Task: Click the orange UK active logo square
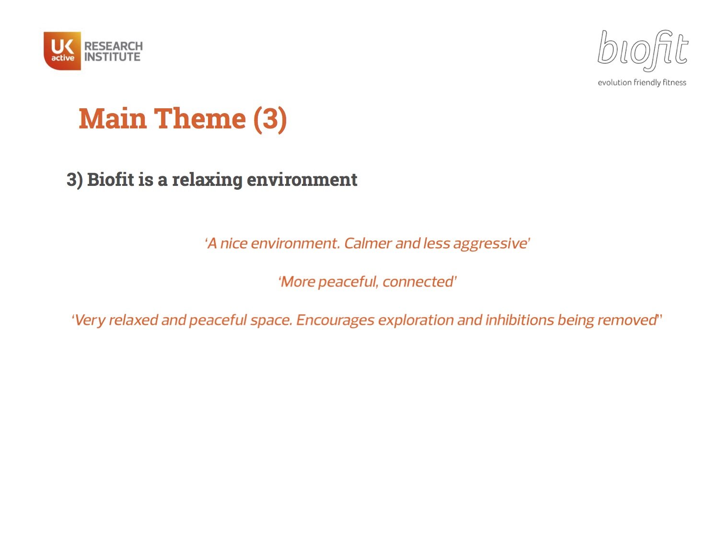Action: tap(62, 51)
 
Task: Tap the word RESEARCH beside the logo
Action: tap(114, 46)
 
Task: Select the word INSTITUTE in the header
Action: tap(113, 57)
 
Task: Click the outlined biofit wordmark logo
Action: tap(642, 50)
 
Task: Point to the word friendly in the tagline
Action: tap(647, 82)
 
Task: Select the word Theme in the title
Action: tap(199, 118)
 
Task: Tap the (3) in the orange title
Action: tap(270, 118)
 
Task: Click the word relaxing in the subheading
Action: tap(207, 180)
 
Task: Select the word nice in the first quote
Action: tap(233, 243)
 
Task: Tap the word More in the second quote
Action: tap(298, 282)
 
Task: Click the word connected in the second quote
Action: tap(418, 282)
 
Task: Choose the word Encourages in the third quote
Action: tap(335, 320)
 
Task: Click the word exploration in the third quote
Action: tap(416, 320)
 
